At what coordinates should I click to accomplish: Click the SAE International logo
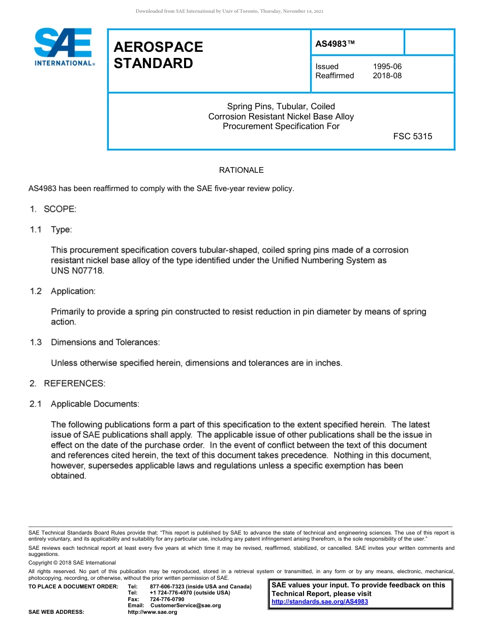click(x=63, y=47)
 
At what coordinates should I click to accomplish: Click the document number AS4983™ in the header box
click(x=335, y=44)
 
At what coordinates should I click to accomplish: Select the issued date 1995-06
click(x=387, y=67)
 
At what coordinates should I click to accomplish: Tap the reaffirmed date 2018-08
click(x=387, y=76)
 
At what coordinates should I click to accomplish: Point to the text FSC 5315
click(x=412, y=136)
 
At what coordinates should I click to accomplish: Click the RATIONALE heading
click(x=241, y=170)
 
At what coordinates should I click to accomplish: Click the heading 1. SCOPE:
click(x=52, y=209)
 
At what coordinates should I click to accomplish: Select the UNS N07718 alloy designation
click(x=77, y=271)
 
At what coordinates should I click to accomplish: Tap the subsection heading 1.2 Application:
click(x=62, y=291)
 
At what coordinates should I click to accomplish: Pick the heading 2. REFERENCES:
click(x=67, y=384)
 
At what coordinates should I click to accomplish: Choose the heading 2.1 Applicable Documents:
click(x=84, y=404)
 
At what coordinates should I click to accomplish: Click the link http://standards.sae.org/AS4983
click(x=320, y=602)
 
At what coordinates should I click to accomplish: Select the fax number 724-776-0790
click(x=167, y=599)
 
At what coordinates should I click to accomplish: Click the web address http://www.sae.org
click(x=152, y=612)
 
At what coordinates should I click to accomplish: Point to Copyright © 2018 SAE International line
click(x=72, y=562)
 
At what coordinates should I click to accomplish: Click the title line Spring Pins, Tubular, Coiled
click(x=281, y=107)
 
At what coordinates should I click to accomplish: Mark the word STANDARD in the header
click(x=153, y=64)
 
